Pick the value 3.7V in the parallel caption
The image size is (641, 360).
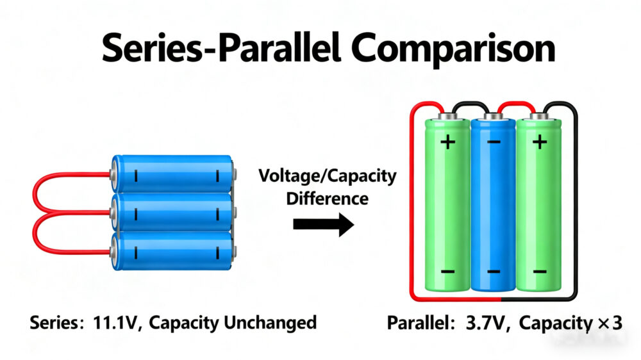coord(486,322)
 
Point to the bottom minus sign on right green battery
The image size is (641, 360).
coord(540,272)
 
